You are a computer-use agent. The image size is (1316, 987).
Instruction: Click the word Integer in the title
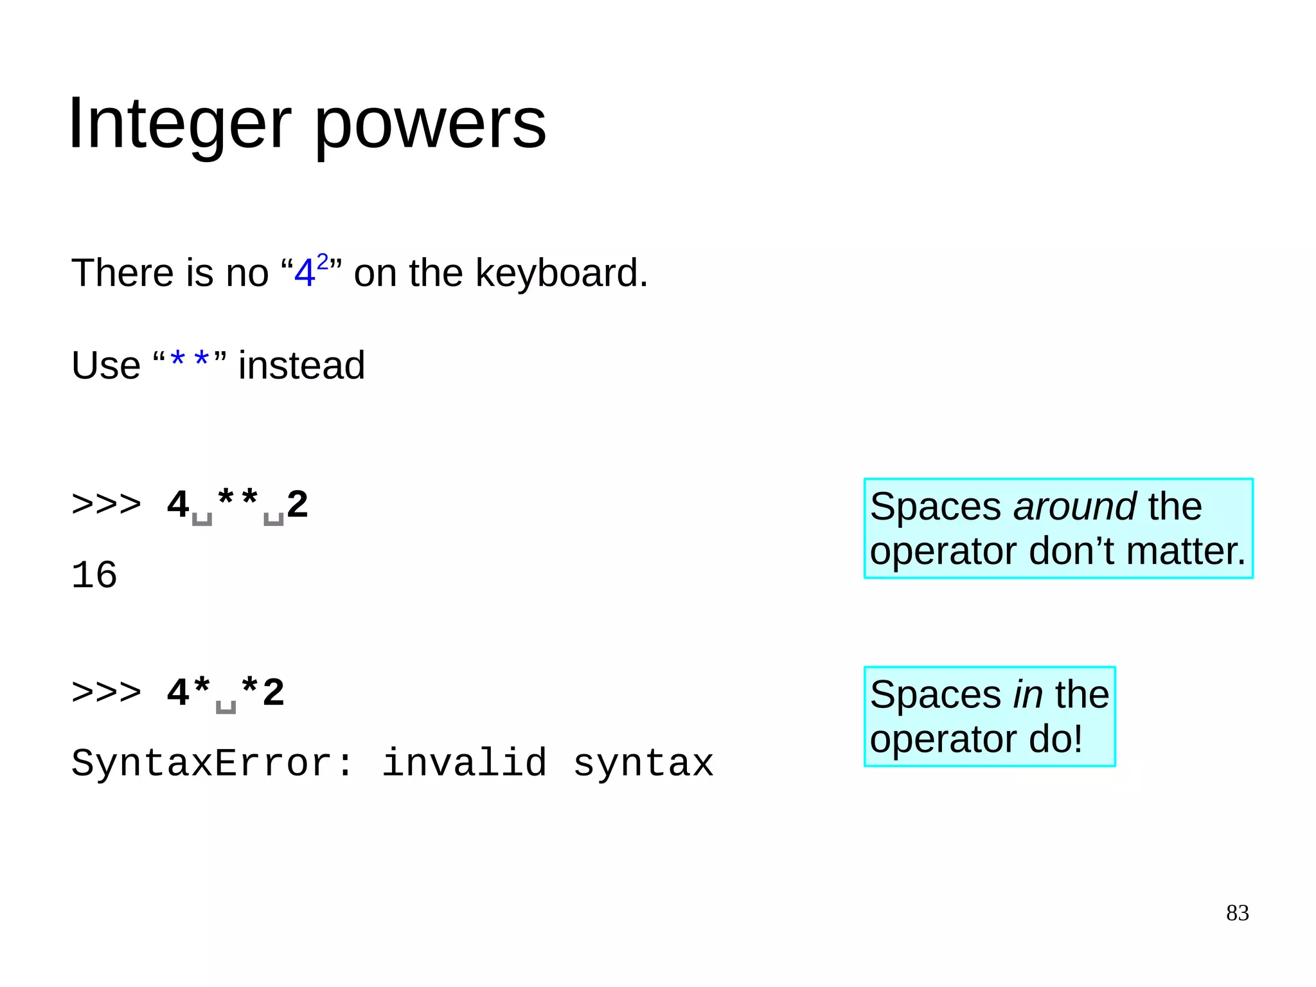pos(179,123)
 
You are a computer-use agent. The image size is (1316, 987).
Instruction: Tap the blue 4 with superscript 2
pos(310,270)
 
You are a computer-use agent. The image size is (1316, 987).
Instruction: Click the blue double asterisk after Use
pos(190,361)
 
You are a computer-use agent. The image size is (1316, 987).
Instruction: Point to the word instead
pos(301,365)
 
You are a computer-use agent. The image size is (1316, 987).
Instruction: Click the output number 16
pos(94,574)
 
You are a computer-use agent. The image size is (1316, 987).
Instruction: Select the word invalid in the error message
pos(464,763)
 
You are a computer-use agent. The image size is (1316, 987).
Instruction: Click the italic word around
pos(1074,506)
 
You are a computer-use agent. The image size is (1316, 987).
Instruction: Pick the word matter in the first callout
pos(1186,551)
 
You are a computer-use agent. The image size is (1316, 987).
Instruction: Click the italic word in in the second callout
pos(1027,694)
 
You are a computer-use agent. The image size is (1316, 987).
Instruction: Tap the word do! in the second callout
pos(1056,739)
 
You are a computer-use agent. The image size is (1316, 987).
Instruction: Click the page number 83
pos(1237,913)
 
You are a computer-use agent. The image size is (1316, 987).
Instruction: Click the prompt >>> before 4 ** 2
pos(106,504)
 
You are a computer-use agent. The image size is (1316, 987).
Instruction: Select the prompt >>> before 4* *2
pos(106,693)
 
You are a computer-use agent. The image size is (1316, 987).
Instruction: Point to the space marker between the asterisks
pos(226,705)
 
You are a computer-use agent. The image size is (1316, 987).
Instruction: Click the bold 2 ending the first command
pos(298,504)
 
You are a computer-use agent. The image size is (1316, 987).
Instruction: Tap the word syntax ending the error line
pos(643,763)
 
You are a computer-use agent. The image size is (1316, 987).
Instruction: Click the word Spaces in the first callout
pos(935,506)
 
